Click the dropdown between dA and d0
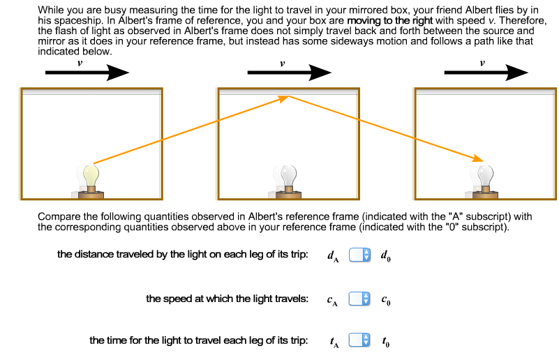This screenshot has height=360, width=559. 358,255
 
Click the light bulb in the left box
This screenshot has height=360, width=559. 89,176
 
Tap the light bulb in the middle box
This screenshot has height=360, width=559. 288,176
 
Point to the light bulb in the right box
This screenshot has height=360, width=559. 486,176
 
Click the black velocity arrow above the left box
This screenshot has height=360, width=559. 87,73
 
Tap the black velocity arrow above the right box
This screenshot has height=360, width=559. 486,73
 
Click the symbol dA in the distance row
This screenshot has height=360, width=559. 332,255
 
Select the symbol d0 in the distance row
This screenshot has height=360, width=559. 386,255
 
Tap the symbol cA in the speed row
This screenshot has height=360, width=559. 332,300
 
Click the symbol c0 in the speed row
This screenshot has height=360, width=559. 386,300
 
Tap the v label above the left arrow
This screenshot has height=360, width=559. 80,63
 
